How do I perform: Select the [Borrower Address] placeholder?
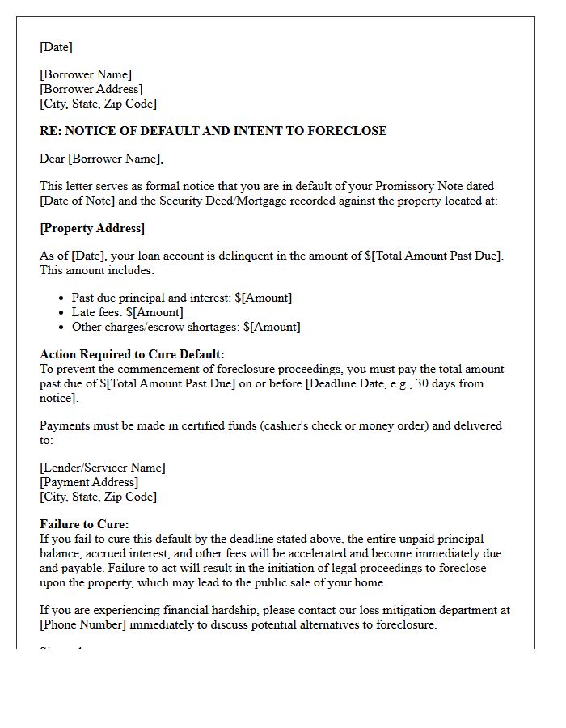point(91,89)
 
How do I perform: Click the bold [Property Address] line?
point(92,228)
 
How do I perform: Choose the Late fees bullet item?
point(127,312)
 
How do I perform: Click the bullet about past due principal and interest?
point(182,298)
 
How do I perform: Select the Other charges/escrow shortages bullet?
point(186,327)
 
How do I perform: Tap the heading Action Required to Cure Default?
point(132,354)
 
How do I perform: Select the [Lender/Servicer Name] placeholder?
point(102,468)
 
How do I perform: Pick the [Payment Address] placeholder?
point(89,482)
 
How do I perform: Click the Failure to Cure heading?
point(84,524)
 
